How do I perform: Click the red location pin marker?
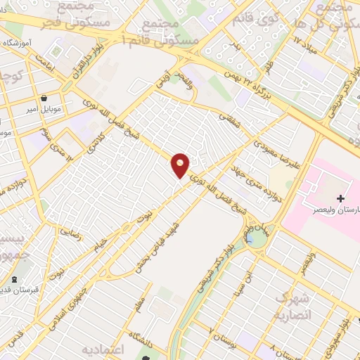point(181,165)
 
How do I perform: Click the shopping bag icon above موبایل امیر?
point(46,98)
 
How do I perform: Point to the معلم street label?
point(140,304)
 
